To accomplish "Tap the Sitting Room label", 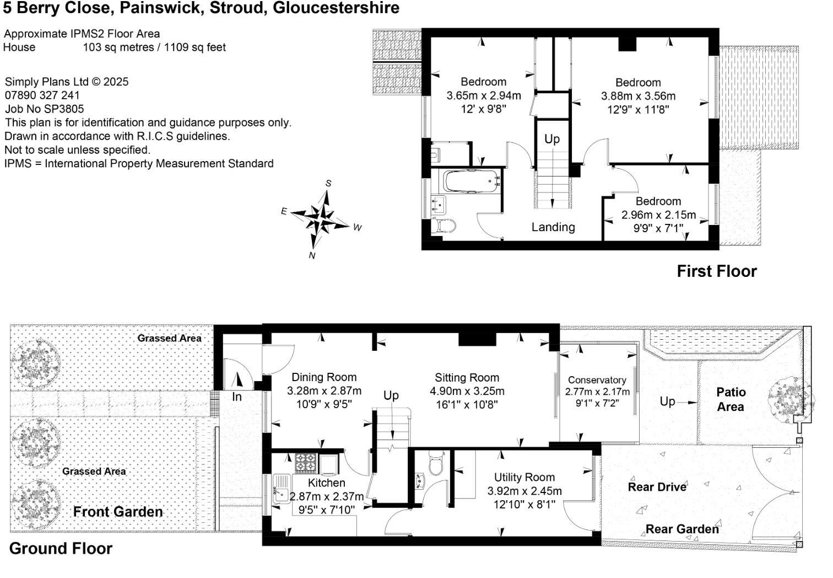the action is (x=467, y=378).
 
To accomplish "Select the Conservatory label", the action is (x=597, y=380).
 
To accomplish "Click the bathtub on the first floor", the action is (x=470, y=181).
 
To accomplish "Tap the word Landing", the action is (x=553, y=227).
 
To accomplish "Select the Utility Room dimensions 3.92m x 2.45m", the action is (x=524, y=491).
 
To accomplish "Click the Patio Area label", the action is (x=731, y=399).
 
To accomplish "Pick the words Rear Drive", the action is (x=657, y=487).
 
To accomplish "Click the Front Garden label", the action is (x=118, y=512).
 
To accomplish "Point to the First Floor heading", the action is (x=716, y=271).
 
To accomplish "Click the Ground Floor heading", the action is (x=61, y=549).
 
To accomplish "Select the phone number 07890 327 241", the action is (x=42, y=95).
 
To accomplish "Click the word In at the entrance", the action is (x=236, y=397).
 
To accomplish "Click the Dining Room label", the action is (x=323, y=377).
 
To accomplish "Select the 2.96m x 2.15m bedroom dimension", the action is (x=658, y=215).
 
